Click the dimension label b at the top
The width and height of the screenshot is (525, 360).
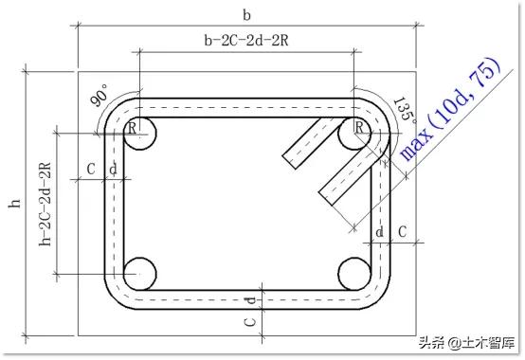point(246,15)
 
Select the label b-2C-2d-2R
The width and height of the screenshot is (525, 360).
point(246,41)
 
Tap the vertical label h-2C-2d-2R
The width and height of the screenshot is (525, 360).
point(45,204)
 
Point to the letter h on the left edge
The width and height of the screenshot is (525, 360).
point(14,203)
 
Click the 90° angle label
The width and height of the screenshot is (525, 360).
point(100,95)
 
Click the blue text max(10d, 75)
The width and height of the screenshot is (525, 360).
point(450,109)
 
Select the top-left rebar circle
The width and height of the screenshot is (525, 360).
point(139,134)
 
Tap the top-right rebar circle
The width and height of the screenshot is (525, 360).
point(354,134)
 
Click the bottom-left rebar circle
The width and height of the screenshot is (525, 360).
point(139,274)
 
